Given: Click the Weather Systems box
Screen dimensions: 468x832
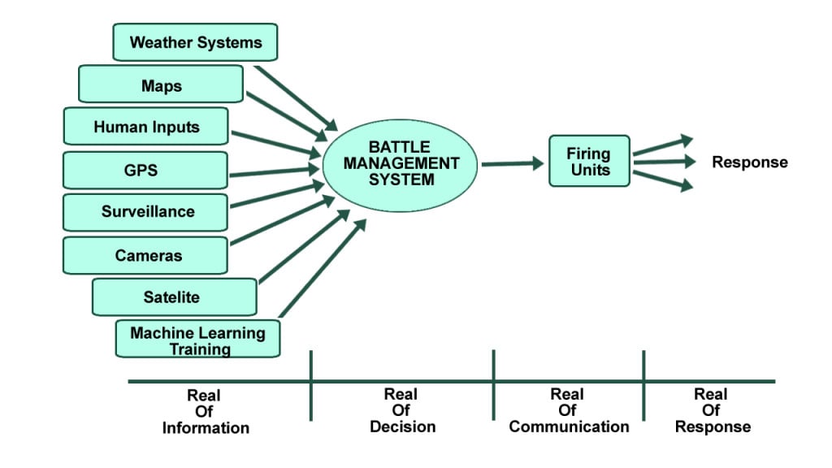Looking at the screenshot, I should (x=195, y=42).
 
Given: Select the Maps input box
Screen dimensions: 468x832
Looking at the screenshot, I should (x=161, y=84).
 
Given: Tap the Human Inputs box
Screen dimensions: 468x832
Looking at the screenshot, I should (x=145, y=127).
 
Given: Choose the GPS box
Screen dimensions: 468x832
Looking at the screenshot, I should (x=145, y=170).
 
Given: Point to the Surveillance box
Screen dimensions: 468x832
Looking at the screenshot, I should (x=145, y=212).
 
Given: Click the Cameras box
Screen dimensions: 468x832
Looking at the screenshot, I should (x=145, y=255).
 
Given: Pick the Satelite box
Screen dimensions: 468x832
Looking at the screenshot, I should (x=175, y=297).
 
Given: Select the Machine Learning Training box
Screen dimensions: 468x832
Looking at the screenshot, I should (x=197, y=340).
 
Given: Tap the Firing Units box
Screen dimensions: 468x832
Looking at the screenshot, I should (x=589, y=161).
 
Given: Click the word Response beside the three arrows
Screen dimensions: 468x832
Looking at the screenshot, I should (x=749, y=162).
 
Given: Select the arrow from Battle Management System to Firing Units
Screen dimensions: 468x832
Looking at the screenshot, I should (x=512, y=164).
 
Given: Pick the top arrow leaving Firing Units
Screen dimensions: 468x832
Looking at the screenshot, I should (x=662, y=146).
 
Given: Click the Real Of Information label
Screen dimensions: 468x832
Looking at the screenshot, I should (x=205, y=411).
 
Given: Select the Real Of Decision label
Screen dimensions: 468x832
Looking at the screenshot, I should (x=401, y=410).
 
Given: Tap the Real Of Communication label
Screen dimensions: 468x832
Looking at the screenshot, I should (x=568, y=410).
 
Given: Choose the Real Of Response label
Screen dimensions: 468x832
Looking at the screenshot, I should (x=712, y=410).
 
